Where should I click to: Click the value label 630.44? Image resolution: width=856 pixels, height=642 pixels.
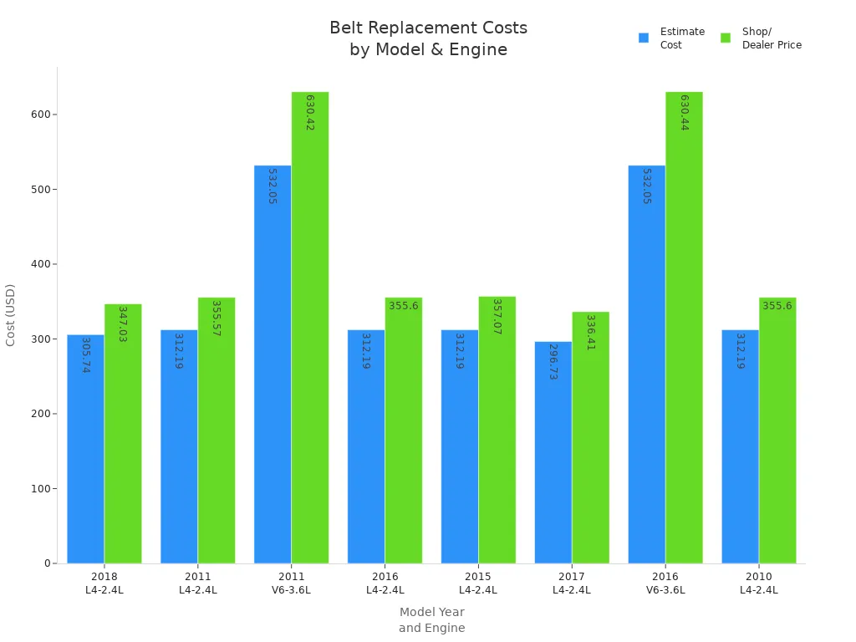coord(685,112)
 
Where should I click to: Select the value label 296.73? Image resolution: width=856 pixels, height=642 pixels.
coord(553,361)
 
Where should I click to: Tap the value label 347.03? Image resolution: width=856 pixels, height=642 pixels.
coord(122,324)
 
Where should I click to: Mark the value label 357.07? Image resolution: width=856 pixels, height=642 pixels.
coord(497,317)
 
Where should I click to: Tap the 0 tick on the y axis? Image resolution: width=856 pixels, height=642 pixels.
coord(48,563)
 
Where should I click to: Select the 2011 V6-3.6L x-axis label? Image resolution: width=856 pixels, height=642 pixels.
coord(291,583)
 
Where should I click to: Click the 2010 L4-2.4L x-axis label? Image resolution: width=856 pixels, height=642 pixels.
coord(758,583)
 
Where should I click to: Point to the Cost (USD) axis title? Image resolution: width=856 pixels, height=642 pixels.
coord(11,314)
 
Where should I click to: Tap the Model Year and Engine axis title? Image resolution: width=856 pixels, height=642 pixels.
coord(431,619)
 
